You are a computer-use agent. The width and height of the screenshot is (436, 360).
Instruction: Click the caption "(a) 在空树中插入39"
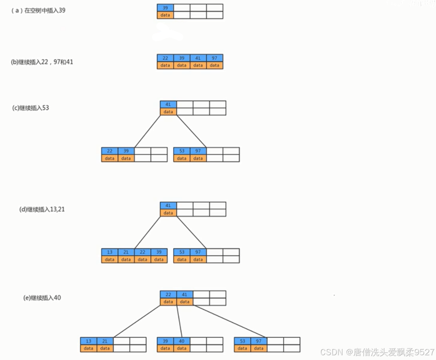(38, 11)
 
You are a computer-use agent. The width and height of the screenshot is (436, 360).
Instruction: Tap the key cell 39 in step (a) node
(165, 8)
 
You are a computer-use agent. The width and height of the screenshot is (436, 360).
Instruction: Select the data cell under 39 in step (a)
(165, 15)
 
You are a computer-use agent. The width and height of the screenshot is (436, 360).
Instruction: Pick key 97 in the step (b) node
(214, 58)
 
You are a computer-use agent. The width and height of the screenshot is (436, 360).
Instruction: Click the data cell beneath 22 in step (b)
(165, 65)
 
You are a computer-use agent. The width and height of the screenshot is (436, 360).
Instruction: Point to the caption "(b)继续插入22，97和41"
(42, 62)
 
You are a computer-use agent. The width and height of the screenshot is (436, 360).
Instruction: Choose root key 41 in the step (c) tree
(168, 105)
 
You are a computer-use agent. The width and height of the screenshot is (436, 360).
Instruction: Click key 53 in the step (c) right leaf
(182, 151)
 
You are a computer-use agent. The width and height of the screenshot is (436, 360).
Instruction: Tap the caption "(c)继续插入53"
(31, 108)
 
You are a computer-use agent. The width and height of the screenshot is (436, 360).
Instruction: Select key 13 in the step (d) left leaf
(110, 252)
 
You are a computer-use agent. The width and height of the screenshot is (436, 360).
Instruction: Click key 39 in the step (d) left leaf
(159, 252)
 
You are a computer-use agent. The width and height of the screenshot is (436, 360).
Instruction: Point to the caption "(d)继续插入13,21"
(42, 210)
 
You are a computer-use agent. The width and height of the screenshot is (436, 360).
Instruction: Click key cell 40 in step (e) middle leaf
(182, 341)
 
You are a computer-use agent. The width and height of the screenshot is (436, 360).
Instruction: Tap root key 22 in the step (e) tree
(168, 295)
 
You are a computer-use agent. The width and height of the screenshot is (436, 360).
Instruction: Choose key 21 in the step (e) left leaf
(105, 341)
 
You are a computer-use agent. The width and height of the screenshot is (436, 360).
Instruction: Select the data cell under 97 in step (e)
(259, 349)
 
